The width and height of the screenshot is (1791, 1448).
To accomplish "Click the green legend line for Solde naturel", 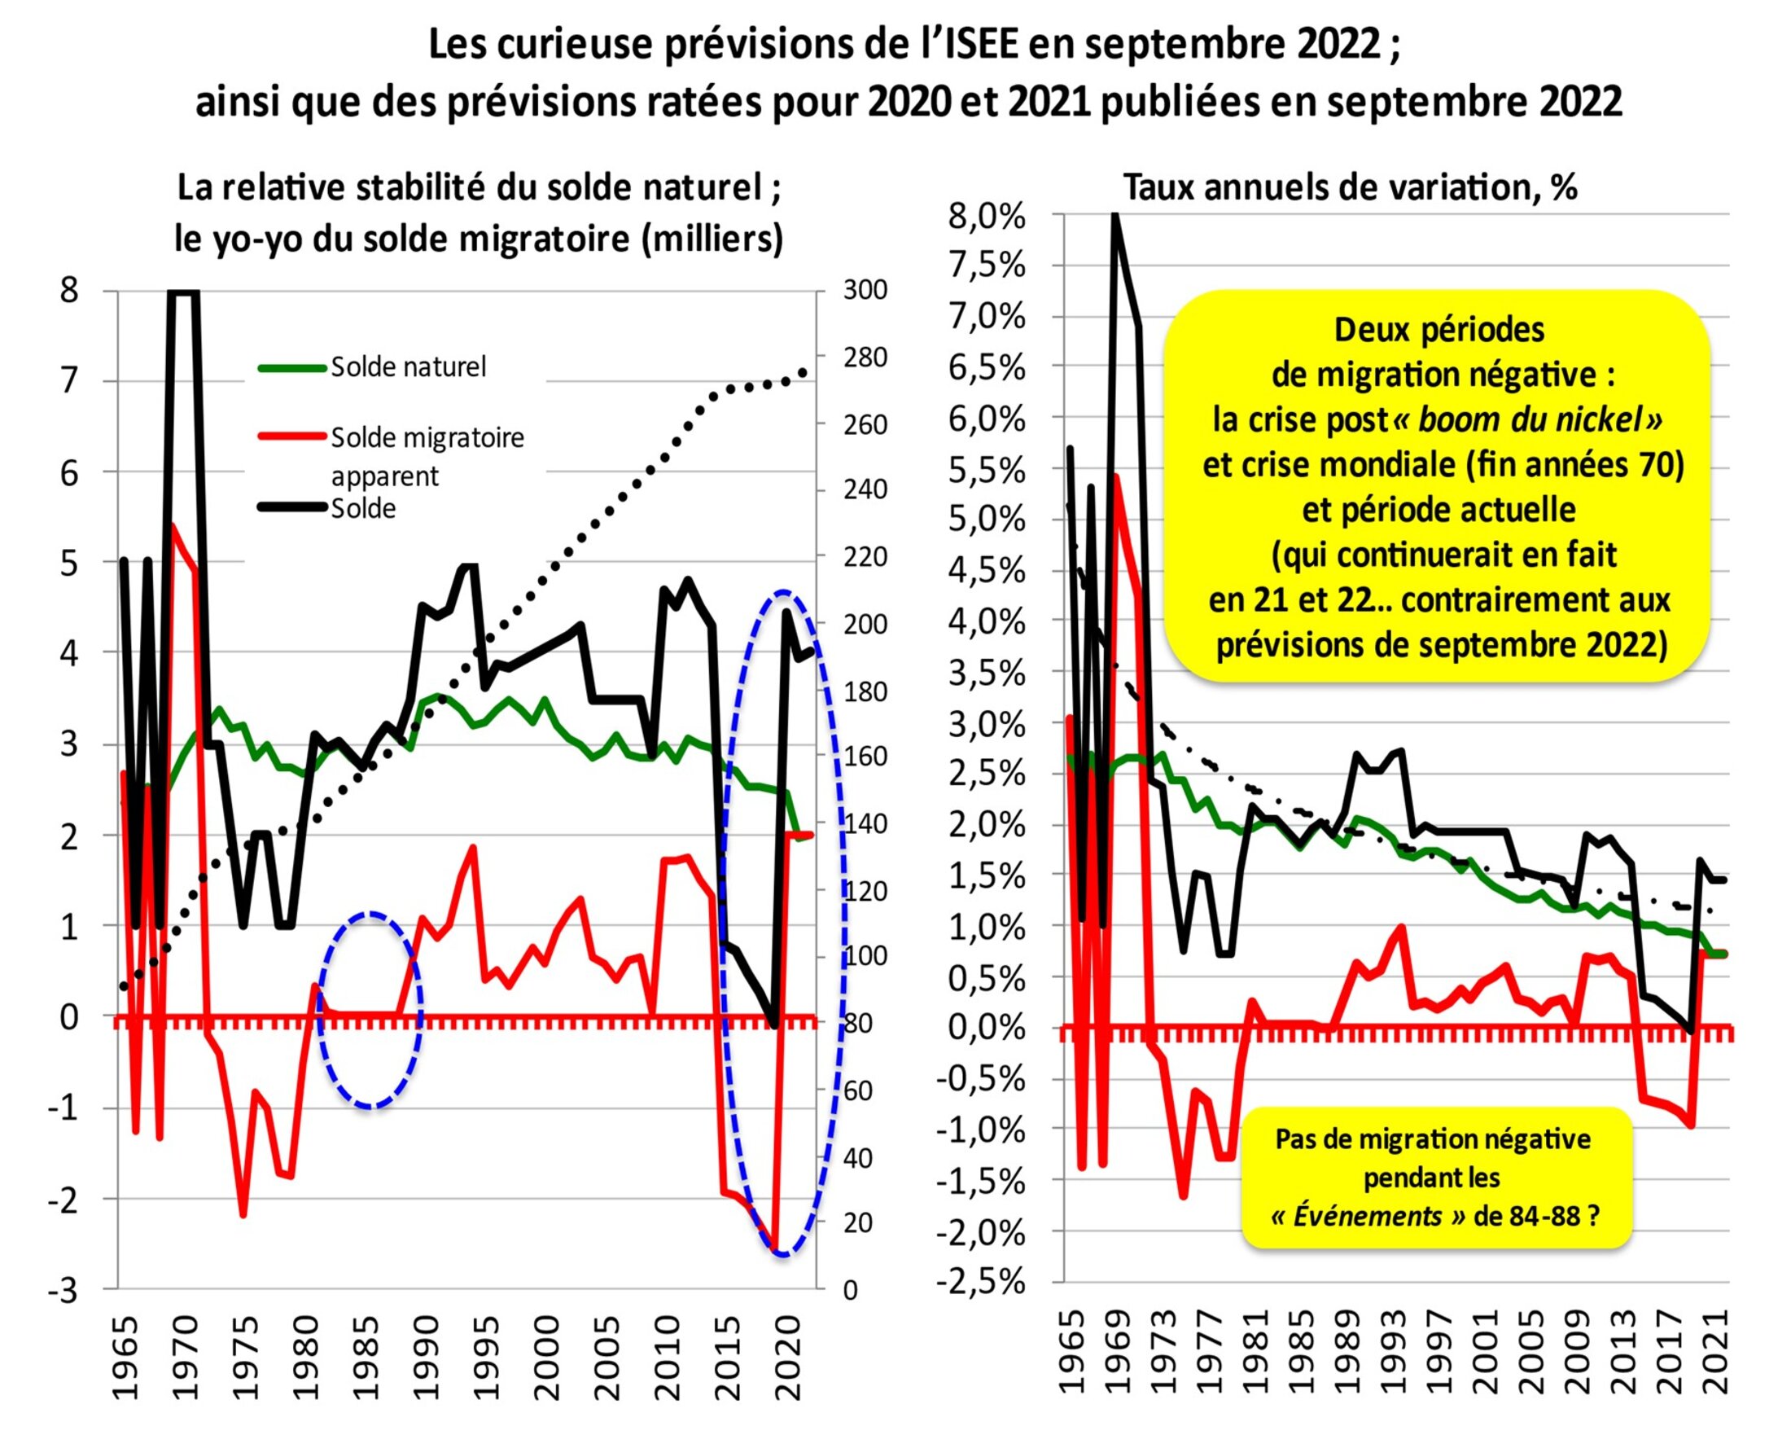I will point(291,368).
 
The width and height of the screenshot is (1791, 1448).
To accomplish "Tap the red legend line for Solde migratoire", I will point(291,436).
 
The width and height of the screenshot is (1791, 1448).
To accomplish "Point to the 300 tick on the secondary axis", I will point(865,290).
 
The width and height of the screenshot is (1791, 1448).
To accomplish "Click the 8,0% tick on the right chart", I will point(987,217).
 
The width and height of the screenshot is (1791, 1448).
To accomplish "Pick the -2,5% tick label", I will point(980,1281).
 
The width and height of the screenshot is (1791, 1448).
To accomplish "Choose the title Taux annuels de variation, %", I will point(1351,187).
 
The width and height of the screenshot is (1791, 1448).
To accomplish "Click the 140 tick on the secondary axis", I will point(865,823).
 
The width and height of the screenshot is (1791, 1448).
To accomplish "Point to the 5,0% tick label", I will point(987,520).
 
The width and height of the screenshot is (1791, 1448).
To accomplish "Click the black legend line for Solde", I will point(291,507).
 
